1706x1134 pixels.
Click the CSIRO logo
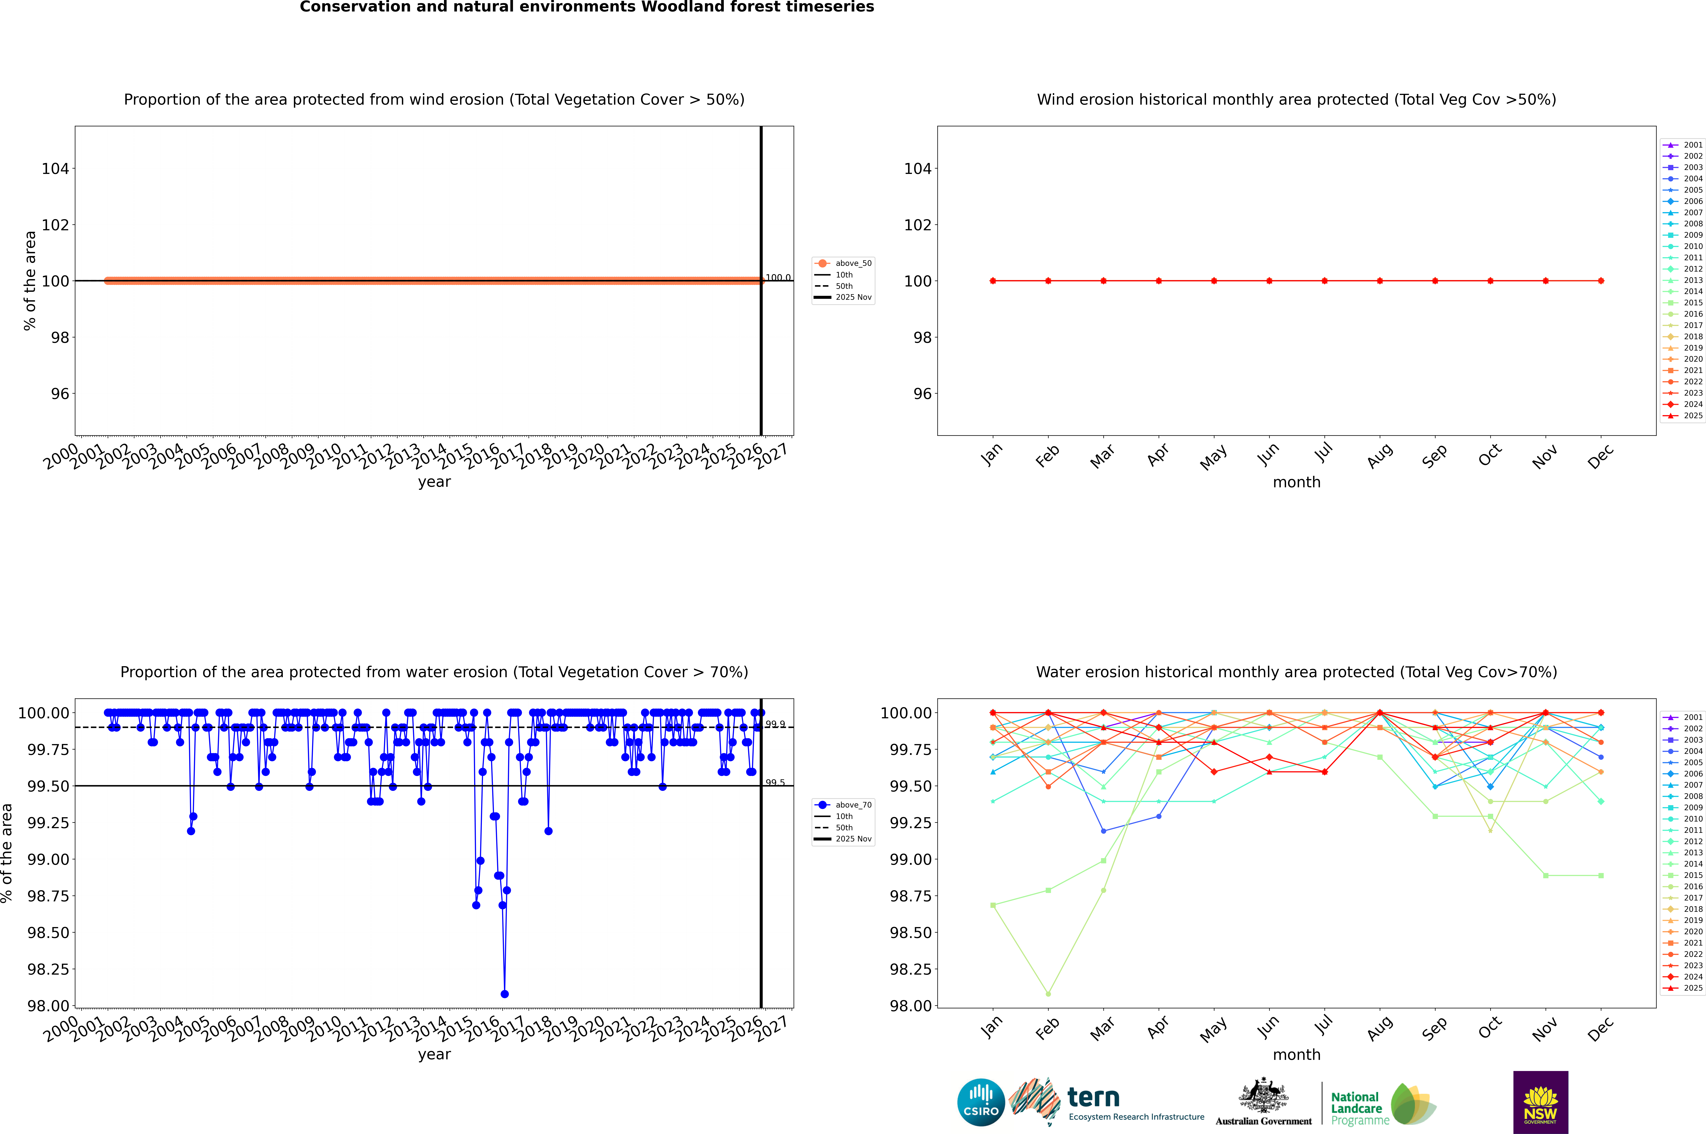tap(981, 1102)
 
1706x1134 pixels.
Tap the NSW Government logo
tap(1540, 1102)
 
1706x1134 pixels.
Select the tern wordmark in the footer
tap(1093, 1098)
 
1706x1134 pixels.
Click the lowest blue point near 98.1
tap(504, 994)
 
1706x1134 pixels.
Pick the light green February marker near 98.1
tap(1048, 994)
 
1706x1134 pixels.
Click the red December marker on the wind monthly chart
tap(1600, 281)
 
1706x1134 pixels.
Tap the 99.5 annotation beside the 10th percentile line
tap(775, 783)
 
